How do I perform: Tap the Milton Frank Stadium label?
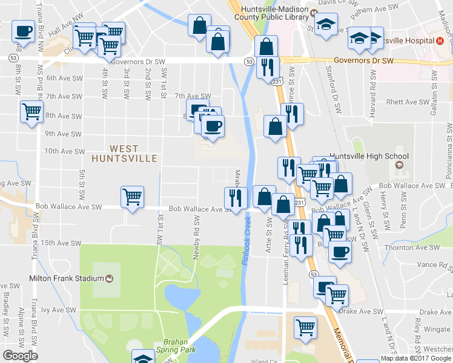[x=67, y=278]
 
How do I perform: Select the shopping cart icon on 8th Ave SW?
[x=31, y=111]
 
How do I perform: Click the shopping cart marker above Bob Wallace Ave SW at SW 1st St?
[x=132, y=197]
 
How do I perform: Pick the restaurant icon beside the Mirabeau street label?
[x=234, y=197]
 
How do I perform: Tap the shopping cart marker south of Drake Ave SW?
[x=306, y=327]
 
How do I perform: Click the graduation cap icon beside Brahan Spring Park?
[x=143, y=359]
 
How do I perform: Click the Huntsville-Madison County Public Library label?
[x=276, y=13]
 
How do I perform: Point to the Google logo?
[x=20, y=356]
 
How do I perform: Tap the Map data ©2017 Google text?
[x=416, y=358]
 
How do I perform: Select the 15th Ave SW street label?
[x=61, y=243]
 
